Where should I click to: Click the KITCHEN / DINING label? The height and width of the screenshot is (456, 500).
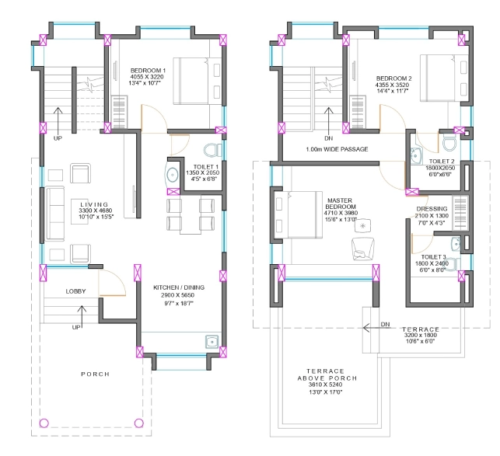pos(178,287)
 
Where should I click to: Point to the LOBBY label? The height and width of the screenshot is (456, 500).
pos(76,291)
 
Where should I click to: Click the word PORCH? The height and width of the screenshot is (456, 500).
pos(95,374)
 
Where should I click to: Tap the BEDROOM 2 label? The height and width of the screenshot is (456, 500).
pos(393,78)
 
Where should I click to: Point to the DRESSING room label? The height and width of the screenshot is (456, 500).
pos(432,208)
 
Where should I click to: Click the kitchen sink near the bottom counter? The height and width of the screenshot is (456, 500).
pos(210,340)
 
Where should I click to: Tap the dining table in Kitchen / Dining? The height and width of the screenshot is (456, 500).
pos(191,215)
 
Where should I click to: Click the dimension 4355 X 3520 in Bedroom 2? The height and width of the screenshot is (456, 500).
pos(393,87)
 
